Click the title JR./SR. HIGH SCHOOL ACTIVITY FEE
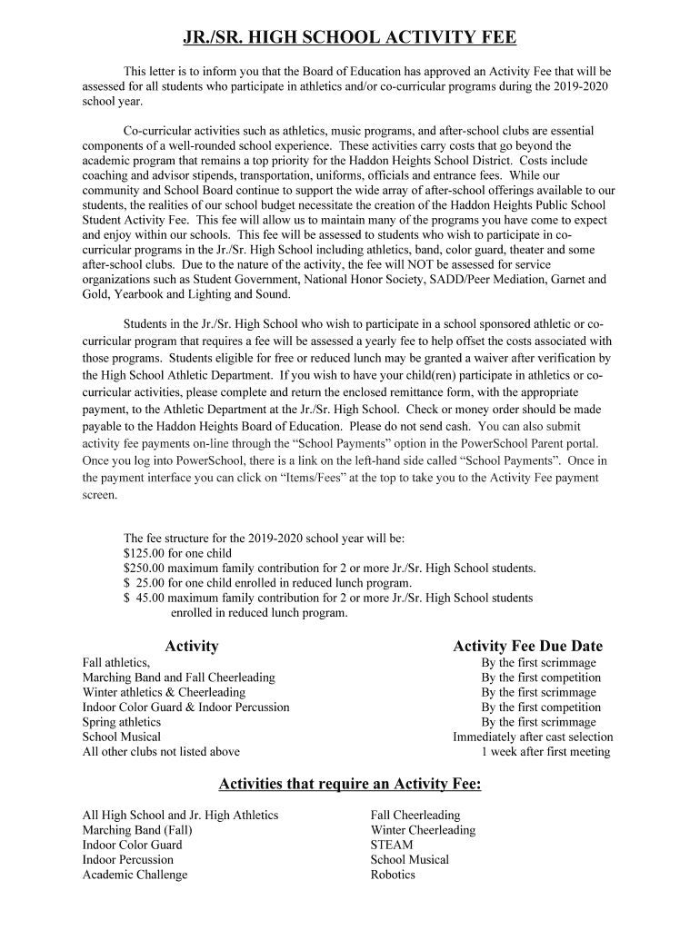350,37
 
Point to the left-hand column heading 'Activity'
192,647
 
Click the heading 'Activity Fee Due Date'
527,647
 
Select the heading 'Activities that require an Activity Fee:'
350,785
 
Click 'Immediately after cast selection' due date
533,737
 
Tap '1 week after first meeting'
545,752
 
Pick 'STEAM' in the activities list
392,845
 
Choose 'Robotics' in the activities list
393,875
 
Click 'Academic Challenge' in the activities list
135,875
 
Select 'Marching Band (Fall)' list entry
137,830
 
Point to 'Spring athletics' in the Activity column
122,722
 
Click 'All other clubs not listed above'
161,752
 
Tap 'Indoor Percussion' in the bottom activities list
127,859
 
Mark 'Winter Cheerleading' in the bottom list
423,830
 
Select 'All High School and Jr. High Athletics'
180,816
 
